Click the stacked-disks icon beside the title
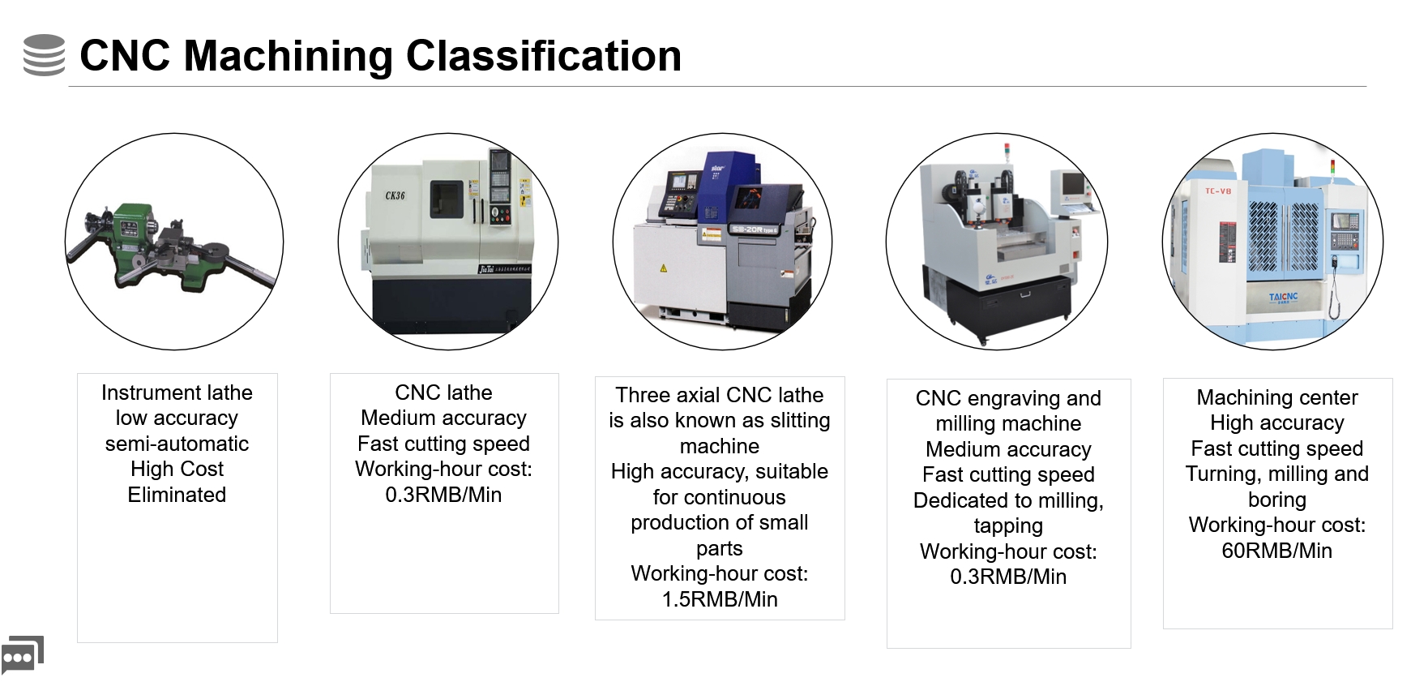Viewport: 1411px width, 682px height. tap(44, 55)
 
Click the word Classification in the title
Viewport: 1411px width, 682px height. tap(543, 56)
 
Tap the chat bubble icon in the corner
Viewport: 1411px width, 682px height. tap(22, 654)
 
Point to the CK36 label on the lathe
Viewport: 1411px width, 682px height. tap(395, 195)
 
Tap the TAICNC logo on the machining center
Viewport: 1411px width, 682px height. tap(1283, 298)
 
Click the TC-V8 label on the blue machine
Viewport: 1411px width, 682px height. tap(1217, 191)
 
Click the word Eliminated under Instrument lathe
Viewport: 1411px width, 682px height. tap(177, 495)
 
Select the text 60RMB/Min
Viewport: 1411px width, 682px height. tap(1276, 551)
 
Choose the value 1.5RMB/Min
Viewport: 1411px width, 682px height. tap(720, 599)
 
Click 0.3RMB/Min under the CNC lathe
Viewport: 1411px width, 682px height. tap(443, 495)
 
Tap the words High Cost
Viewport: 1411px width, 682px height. tap(177, 469)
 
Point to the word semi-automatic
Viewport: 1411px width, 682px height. tap(177, 444)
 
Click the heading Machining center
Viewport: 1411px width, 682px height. tap(1276, 397)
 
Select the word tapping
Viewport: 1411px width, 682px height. tap(1008, 525)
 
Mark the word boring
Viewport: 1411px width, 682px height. tap(1276, 500)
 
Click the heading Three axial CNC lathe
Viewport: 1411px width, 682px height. tap(720, 395)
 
